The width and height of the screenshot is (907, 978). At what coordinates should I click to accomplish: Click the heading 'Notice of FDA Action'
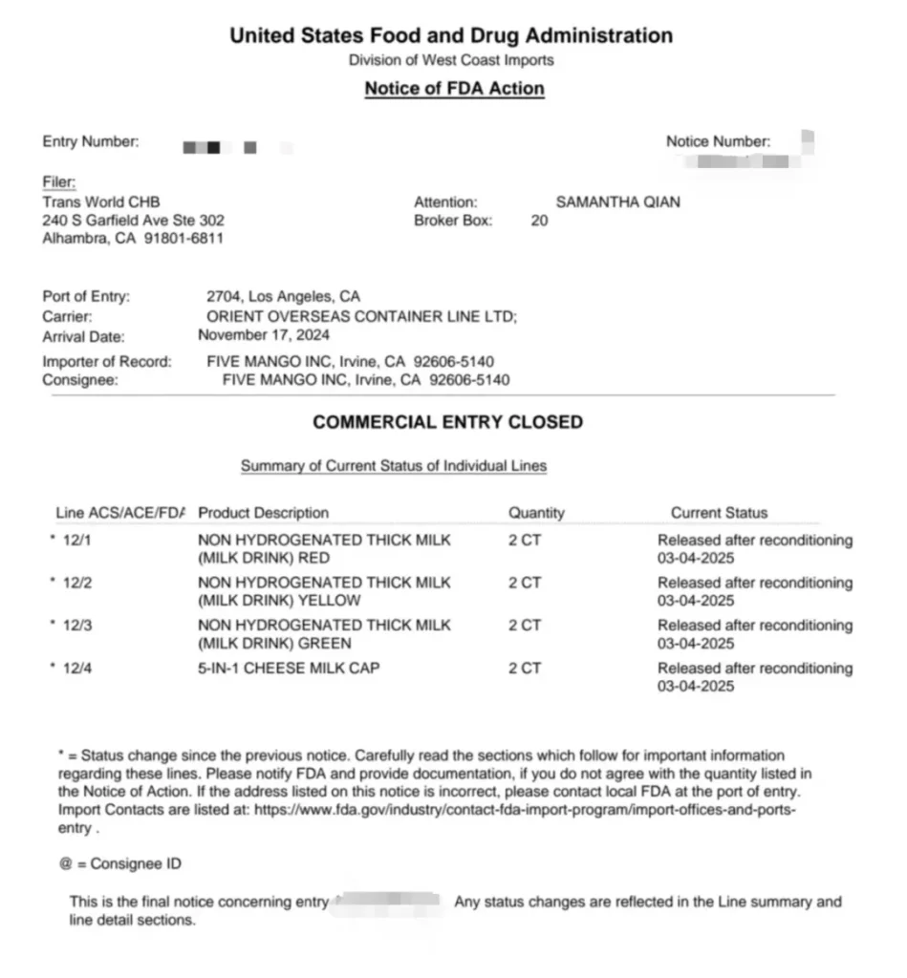(454, 89)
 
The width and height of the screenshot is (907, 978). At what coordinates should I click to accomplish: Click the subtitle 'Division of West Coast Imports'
(451, 60)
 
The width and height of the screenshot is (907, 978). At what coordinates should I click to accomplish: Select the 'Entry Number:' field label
(91, 142)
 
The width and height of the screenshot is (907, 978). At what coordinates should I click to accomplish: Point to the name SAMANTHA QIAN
(618, 202)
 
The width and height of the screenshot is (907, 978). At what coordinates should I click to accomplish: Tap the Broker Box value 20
(539, 221)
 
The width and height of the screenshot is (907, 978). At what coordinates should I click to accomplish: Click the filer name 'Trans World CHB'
(101, 202)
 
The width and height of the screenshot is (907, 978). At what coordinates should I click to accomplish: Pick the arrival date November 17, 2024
(264, 335)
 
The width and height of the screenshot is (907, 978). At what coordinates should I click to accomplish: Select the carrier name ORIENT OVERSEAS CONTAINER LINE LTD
(361, 316)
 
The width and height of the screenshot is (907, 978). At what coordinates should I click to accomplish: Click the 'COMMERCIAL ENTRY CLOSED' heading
(447, 422)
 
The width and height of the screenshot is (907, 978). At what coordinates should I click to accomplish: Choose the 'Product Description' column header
(263, 513)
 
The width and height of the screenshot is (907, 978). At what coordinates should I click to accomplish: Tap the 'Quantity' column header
(536, 513)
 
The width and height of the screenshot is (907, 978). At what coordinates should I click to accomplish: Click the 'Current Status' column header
(719, 513)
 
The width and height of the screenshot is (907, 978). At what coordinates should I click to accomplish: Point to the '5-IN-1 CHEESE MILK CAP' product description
(289, 669)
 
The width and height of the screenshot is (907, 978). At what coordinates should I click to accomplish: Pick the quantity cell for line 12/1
(525, 541)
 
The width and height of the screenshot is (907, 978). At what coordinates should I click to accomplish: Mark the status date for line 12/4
(696, 687)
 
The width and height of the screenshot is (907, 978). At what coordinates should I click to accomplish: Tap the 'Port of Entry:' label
(86, 297)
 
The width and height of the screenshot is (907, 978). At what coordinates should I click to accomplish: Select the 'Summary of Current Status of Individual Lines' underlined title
(394, 467)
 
